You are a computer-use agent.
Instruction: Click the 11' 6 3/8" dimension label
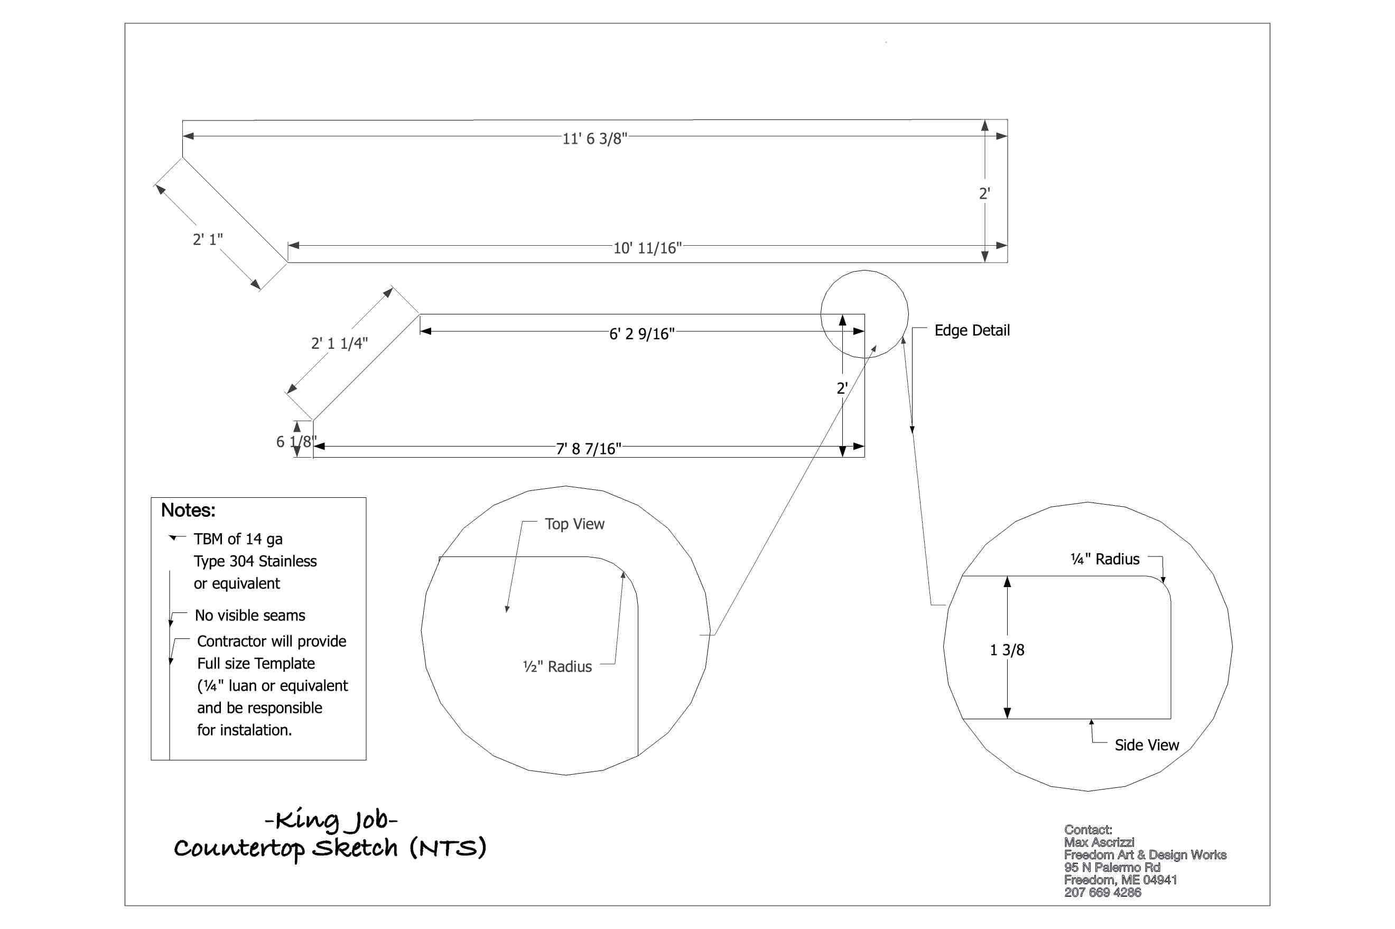tap(593, 138)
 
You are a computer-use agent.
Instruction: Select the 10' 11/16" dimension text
tap(647, 248)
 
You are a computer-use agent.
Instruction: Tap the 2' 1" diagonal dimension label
tap(207, 239)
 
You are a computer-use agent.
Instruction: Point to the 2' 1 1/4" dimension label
tap(339, 343)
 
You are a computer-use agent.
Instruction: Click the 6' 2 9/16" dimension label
tap(641, 334)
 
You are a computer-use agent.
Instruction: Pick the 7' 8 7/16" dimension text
tap(588, 449)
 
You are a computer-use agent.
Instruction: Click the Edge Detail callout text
tap(971, 331)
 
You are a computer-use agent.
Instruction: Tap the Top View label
tap(574, 524)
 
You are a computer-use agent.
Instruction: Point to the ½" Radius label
tap(557, 666)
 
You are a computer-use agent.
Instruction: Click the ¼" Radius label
tap(1104, 559)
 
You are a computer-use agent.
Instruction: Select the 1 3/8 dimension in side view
tap(1007, 650)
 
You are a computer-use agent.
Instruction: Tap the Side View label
tap(1146, 745)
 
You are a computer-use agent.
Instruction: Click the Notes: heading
tap(188, 510)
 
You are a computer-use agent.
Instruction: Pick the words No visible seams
tap(249, 615)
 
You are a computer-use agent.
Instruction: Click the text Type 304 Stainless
tap(255, 561)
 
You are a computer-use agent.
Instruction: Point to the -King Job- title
tap(331, 820)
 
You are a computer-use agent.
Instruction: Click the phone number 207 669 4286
tap(1102, 892)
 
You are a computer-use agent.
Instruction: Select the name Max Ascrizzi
tap(1099, 842)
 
